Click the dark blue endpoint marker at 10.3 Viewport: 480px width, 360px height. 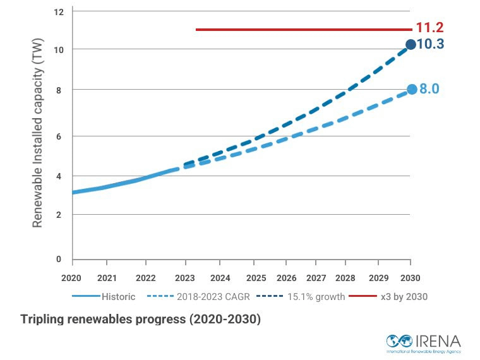[411, 44]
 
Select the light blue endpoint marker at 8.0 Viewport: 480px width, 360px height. [412, 89]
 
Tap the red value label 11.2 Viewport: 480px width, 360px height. [430, 28]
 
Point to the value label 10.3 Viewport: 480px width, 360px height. [430, 44]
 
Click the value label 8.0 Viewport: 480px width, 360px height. [429, 89]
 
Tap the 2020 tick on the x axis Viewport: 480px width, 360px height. [71, 278]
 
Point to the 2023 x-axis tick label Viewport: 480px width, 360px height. [185, 278]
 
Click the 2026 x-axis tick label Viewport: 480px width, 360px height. [286, 278]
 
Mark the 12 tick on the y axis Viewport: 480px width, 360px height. [59, 13]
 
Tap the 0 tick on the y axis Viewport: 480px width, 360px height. [60, 259]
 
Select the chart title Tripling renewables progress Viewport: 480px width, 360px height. [140, 319]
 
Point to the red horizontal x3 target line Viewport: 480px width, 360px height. [303, 29]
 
